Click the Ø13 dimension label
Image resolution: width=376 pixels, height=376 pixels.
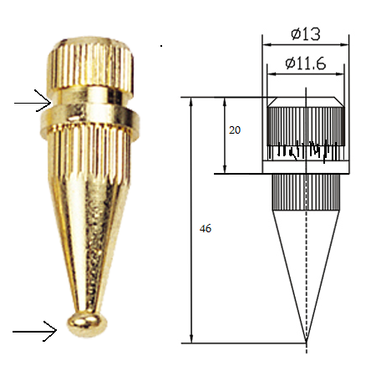(306, 34)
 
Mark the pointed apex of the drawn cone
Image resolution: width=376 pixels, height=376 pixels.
(306, 342)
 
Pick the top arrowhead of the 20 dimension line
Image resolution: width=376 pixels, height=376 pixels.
(226, 101)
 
